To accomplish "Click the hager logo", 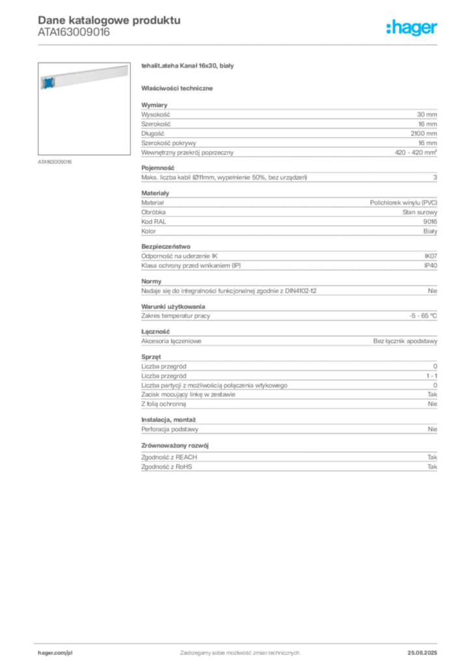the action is (x=412, y=28).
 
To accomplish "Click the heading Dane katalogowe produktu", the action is (x=109, y=20).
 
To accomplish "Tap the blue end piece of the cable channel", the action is (x=48, y=83).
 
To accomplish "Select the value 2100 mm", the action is (x=424, y=133).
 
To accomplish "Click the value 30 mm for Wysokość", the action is (x=427, y=114).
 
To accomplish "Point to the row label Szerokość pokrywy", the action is (x=168, y=143).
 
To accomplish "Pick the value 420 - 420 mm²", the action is (x=416, y=152).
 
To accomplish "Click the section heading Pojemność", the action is (x=157, y=168).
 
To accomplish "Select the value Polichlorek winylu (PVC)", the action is (x=403, y=203).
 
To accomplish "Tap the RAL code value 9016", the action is (x=430, y=222).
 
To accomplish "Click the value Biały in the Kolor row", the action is (x=430, y=231).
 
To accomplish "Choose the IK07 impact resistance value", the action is (x=431, y=256).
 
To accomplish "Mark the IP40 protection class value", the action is (x=431, y=265).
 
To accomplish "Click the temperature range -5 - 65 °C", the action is (x=423, y=315).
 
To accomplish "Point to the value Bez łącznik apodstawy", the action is (x=405, y=341).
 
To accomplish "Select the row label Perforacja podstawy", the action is (x=170, y=429).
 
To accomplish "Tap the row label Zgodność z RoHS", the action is (x=167, y=467).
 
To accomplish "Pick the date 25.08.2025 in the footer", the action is (x=422, y=653).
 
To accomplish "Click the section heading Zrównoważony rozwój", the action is (x=175, y=446).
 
